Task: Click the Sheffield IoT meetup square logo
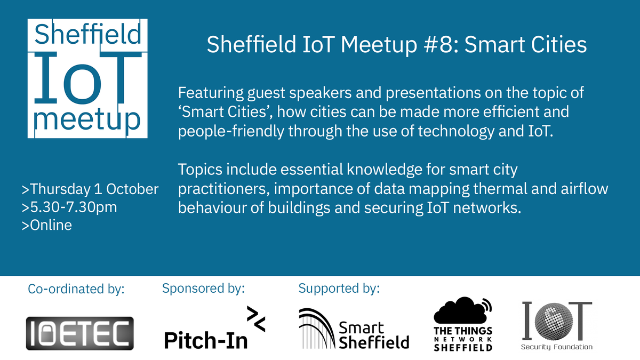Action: (87, 78)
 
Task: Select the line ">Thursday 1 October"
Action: (90, 189)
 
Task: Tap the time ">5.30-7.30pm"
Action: (69, 207)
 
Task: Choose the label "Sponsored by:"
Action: (203, 289)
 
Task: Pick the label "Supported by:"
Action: (339, 289)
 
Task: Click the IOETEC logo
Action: (80, 333)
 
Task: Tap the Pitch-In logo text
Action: (206, 340)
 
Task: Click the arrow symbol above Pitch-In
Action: (255, 319)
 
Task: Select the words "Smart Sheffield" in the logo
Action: (373, 334)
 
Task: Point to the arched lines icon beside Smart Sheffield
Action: (317, 328)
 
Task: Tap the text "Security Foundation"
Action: (557, 347)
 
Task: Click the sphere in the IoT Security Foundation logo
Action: (556, 322)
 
